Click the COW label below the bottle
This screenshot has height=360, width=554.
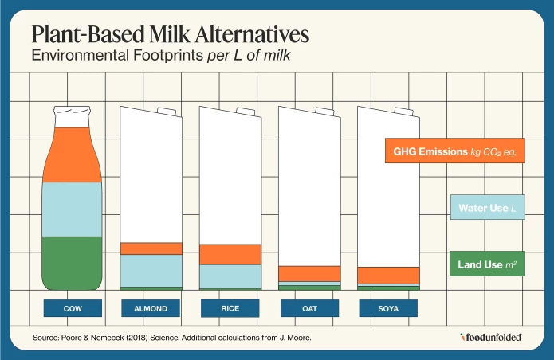coord(73,308)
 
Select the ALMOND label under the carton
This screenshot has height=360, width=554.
coord(151,308)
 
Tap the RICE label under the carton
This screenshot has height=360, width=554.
coord(230,308)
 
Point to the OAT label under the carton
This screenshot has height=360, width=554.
coord(309,308)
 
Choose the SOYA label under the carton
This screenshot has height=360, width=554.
coord(388,308)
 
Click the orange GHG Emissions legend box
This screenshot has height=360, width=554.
coord(454,151)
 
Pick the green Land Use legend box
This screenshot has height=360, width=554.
coord(486,264)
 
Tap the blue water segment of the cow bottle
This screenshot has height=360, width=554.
coord(73,209)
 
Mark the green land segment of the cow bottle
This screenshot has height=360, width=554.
coord(73,263)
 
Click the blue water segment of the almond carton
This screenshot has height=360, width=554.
coord(151,270)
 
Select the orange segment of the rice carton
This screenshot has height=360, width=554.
coord(230,254)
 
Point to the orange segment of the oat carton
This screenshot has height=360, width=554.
coord(309,273)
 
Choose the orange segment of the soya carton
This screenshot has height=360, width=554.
coord(388,275)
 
